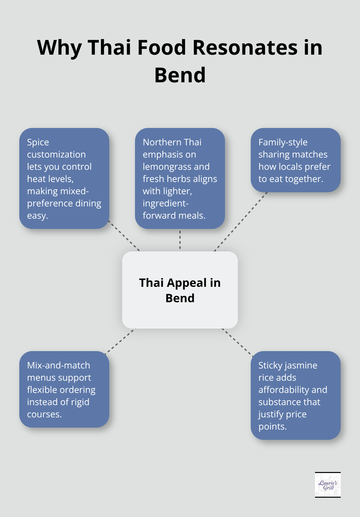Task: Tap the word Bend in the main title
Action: [180, 75]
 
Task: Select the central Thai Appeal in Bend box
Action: [180, 290]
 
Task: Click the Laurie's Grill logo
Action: [328, 485]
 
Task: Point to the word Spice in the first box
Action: [38, 142]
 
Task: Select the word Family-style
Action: [283, 142]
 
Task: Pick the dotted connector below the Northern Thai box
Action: [180, 240]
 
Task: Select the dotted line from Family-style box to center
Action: [240, 222]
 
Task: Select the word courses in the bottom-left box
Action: [44, 414]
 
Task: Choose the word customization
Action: [56, 154]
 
